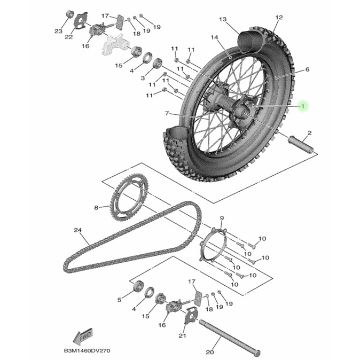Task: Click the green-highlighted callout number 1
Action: point(303,106)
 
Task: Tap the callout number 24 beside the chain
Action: point(78,230)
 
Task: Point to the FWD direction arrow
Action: point(84,336)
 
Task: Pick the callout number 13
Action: point(223,20)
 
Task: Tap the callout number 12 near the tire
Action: point(278,18)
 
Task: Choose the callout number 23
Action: point(58,31)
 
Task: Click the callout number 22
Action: point(69,37)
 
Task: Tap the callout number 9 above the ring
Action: point(222,218)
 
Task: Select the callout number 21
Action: point(183,336)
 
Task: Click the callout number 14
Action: point(214,37)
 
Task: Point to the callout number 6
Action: point(308,70)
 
